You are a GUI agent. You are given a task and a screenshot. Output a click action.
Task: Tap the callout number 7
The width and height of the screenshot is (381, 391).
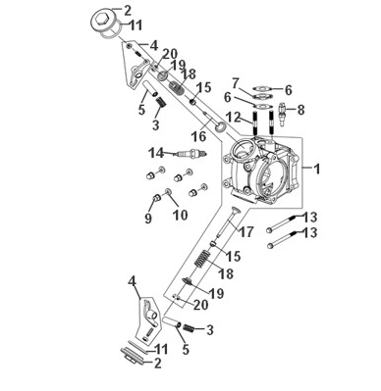click(x=236, y=80)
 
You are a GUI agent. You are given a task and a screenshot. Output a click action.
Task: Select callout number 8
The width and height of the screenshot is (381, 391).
click(x=301, y=110)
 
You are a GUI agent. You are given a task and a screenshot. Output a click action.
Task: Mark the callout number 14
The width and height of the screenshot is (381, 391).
click(x=154, y=152)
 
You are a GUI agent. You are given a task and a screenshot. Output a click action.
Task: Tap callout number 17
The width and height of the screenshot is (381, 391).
click(x=245, y=232)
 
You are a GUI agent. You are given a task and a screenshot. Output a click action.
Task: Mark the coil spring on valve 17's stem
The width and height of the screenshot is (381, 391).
click(x=200, y=265)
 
